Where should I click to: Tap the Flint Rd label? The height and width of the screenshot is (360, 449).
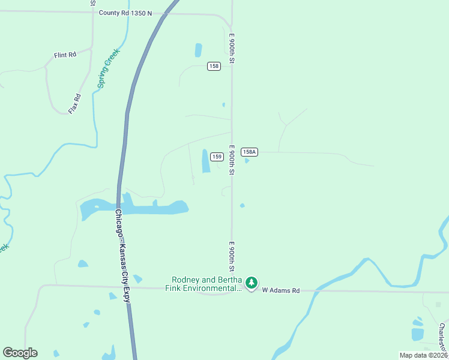(x=65, y=55)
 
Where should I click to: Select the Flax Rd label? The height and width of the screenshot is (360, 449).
(x=74, y=104)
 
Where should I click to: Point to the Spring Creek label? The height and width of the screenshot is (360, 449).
(x=109, y=68)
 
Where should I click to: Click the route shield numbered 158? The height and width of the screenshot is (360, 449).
(x=214, y=66)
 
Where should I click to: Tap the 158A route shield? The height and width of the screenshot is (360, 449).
(x=250, y=152)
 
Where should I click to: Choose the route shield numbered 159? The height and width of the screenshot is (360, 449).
(x=217, y=157)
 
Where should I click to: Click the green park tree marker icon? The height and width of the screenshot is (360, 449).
(x=252, y=282)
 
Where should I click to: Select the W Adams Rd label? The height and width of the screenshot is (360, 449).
(x=280, y=290)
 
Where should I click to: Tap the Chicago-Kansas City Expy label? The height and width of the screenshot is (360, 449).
(x=122, y=255)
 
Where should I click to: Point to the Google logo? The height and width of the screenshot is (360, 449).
(x=20, y=353)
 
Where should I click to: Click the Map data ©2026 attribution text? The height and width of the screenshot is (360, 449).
(x=423, y=355)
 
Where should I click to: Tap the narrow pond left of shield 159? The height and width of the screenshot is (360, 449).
(x=206, y=161)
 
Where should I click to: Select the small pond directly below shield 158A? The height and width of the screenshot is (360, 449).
(x=247, y=161)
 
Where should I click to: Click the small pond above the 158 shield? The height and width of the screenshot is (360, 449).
(x=199, y=50)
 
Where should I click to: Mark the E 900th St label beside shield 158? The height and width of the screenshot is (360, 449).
(x=231, y=49)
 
